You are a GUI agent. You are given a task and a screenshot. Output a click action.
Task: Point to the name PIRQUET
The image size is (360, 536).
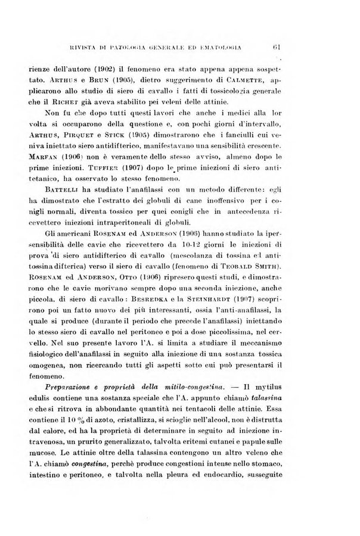[91, 138]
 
